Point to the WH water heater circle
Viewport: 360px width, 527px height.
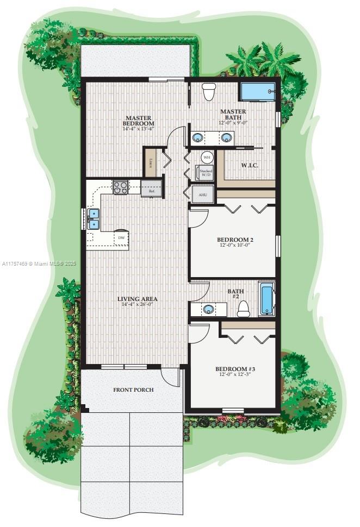click(207, 157)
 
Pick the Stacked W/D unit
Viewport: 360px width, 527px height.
click(206, 173)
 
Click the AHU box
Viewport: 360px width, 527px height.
click(203, 194)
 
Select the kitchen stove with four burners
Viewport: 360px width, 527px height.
click(120, 187)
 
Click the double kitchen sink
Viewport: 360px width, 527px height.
click(94, 218)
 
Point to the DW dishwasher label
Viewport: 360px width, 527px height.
click(121, 238)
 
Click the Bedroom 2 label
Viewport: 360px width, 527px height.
click(235, 240)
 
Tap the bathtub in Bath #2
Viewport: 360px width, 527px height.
click(266, 299)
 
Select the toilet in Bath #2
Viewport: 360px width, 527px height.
click(244, 309)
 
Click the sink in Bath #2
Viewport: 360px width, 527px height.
click(208, 310)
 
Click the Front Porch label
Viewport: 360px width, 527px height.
click(133, 390)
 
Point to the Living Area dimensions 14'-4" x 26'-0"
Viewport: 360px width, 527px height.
click(138, 305)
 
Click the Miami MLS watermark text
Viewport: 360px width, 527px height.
click(39, 263)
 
